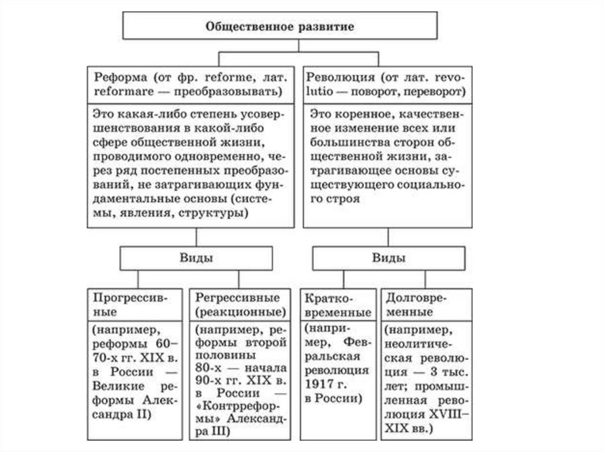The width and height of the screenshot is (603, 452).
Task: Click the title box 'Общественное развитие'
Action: pos(279,26)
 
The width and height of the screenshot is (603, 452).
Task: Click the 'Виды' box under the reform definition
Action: pos(197,258)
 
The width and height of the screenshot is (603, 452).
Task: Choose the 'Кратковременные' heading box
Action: pos(337,303)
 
